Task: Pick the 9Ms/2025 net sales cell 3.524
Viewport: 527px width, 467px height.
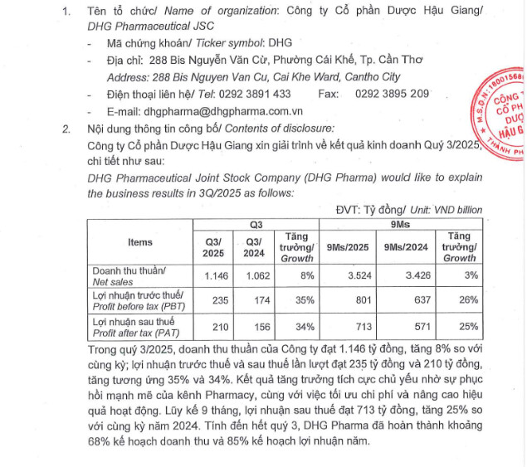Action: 346,275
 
